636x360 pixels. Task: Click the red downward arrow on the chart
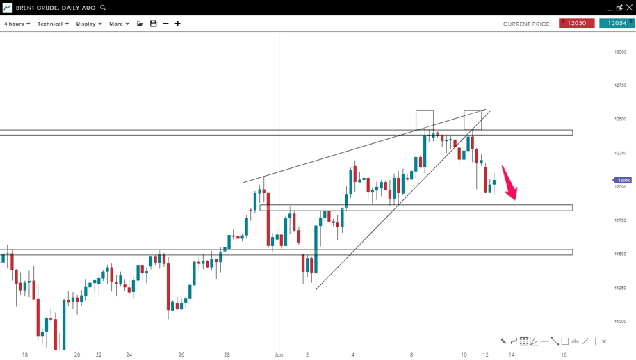click(510, 183)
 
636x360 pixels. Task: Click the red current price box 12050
click(576, 24)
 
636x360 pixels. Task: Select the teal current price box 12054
click(617, 24)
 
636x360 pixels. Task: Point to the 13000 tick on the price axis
click(620, 52)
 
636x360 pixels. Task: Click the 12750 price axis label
click(620, 85)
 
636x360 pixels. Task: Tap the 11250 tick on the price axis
click(620, 288)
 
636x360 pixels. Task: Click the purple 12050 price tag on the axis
click(623, 180)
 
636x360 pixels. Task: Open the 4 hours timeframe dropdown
click(17, 24)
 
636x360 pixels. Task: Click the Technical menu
click(53, 24)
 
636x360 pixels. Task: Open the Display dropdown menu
click(89, 24)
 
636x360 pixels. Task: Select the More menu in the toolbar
click(119, 24)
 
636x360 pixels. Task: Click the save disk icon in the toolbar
click(154, 24)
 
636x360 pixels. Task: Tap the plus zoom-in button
click(177, 24)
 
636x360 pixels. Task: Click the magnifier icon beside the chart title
click(103, 8)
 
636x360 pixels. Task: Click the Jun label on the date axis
click(279, 354)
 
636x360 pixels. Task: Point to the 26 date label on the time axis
click(181, 354)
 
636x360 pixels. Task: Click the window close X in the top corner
click(629, 8)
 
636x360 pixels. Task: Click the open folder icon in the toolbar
click(140, 24)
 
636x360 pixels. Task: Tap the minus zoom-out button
click(165, 24)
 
